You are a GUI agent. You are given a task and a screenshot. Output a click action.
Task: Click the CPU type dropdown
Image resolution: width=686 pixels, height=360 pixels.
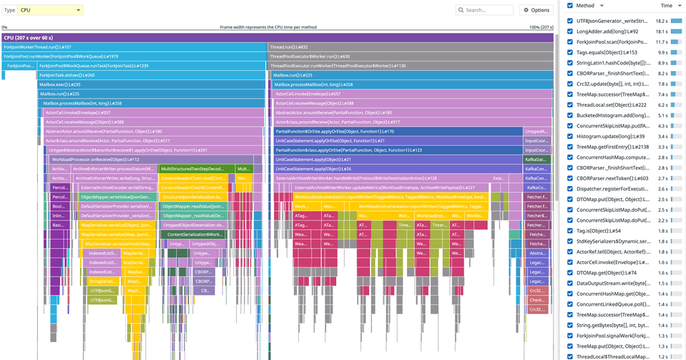point(51,10)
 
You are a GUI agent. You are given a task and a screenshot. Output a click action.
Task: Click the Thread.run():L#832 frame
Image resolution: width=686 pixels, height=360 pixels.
point(410,47)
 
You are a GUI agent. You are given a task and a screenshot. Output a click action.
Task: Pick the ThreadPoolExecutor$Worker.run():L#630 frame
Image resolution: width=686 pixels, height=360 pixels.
point(410,56)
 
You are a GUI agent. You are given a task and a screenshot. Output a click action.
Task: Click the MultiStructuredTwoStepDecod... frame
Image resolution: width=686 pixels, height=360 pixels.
point(196,169)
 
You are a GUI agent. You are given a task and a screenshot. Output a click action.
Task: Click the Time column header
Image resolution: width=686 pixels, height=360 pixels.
point(665,5)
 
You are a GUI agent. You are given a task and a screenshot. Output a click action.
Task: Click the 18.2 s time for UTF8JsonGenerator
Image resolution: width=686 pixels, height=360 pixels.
point(662,21)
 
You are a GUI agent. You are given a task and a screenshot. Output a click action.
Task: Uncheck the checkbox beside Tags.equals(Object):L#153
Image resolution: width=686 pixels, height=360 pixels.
point(569,52)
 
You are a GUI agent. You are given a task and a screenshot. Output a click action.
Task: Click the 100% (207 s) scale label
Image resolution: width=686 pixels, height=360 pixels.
point(541,27)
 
